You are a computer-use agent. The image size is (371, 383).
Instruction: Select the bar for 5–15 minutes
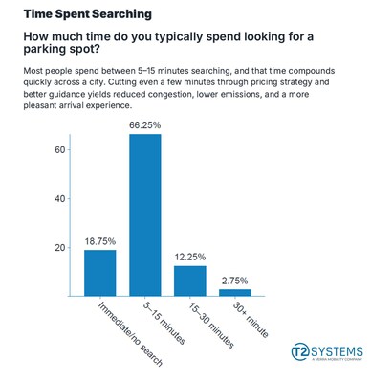pyautogui.click(x=145, y=215)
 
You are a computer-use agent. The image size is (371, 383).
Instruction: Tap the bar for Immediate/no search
pyautogui.click(x=99, y=273)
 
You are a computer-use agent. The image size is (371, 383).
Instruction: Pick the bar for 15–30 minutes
pyautogui.click(x=190, y=281)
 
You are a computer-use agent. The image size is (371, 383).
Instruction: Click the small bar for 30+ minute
pyautogui.click(x=234, y=292)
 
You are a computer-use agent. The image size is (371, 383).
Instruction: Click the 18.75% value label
pyautogui.click(x=99, y=240)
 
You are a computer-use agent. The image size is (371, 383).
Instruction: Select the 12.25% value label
pyautogui.click(x=190, y=257)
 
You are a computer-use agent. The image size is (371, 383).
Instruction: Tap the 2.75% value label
pyautogui.click(x=234, y=280)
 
